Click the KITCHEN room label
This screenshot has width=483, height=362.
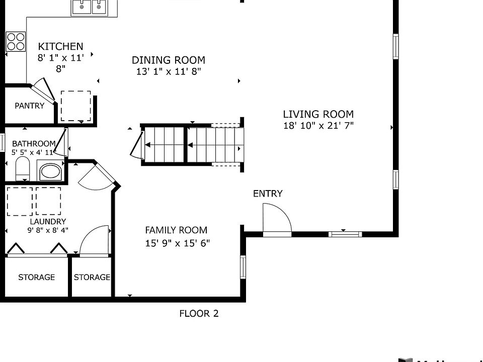pos(61,46)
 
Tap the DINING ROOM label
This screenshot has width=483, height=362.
pos(169,60)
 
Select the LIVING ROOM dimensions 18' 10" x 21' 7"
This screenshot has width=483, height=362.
pos(318,126)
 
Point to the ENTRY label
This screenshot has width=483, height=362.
pos(268,194)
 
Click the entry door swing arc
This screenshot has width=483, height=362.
pos(284,212)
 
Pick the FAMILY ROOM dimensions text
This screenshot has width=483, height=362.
pos(178,243)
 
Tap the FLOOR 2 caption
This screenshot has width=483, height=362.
pos(199,313)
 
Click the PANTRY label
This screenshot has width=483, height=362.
pos(30,106)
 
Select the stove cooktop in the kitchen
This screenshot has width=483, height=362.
pos(16,42)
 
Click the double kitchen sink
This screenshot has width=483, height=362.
pos(90,8)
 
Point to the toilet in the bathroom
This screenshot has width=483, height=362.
pos(23,169)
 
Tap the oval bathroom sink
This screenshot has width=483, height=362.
pos(50,171)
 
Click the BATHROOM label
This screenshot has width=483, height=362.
pos(34,144)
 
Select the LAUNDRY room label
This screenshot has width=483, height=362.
pos(48,222)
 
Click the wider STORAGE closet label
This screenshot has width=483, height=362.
pos(36,278)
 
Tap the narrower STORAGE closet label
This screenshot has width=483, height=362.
pos(92,278)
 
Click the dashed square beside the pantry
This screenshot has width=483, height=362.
pos(76,106)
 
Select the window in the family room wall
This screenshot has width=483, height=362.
pos(243,267)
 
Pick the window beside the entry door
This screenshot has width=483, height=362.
pos(345,234)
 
